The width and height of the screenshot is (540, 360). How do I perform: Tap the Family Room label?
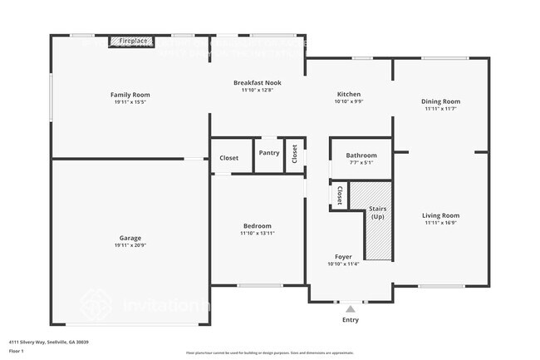tap(130, 95)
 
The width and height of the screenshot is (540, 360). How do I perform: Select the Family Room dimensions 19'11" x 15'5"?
tap(130, 102)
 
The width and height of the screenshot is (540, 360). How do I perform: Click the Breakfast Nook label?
tap(257, 83)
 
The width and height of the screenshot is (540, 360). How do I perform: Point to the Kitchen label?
tap(348, 94)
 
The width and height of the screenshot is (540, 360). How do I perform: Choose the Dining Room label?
tap(440, 101)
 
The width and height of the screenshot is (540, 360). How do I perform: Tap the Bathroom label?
tap(361, 155)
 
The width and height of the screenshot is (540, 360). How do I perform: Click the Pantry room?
tap(268, 153)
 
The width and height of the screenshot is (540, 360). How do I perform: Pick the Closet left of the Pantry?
tap(229, 158)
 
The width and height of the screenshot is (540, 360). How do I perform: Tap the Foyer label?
tap(343, 257)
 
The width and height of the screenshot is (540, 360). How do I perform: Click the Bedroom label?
tap(257, 226)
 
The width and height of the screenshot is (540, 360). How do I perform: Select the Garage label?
tap(130, 239)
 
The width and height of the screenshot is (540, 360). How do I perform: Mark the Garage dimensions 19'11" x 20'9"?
tap(130, 246)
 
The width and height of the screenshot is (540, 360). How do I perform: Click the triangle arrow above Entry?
tap(350, 309)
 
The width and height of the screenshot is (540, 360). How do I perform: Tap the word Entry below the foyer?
tap(351, 319)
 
